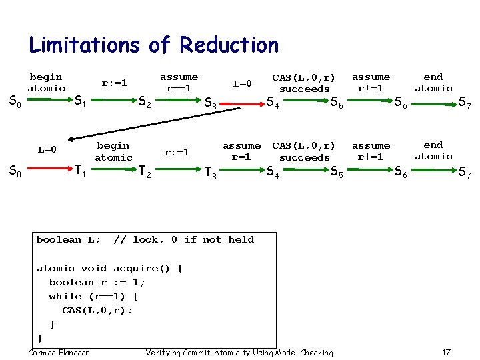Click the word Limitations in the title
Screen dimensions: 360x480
84,45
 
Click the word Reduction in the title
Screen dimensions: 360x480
229,45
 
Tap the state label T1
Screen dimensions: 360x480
81,172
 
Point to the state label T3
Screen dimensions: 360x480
210,173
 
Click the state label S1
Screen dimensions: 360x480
80,101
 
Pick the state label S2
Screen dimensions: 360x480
144,102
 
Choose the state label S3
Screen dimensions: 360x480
210,103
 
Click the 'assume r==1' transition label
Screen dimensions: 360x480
179,83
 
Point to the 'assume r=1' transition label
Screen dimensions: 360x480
241,151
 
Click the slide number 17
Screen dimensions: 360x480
447,352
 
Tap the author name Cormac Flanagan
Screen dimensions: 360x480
60,352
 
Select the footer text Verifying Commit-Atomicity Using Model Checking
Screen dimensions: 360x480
239,352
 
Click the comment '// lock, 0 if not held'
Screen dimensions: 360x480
184,240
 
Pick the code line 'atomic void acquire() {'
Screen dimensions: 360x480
109,268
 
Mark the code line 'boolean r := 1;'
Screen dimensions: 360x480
97,282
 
